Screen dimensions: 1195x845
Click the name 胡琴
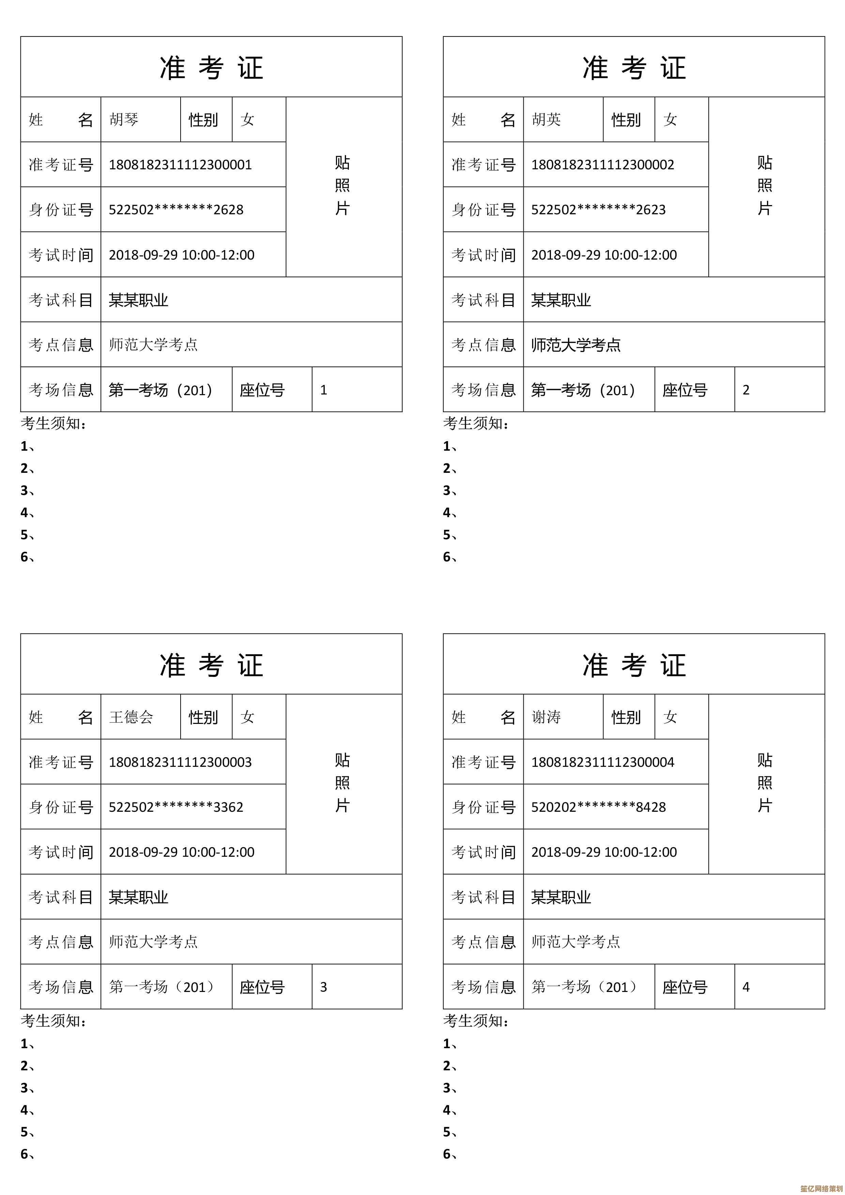[x=124, y=120]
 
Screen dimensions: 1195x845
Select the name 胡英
[x=546, y=120]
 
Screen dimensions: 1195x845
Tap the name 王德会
[x=131, y=717]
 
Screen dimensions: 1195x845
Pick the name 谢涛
[x=546, y=717]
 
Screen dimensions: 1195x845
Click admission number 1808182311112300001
[x=180, y=165]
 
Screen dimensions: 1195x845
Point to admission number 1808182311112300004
[x=602, y=762]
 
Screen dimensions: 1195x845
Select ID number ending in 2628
[x=176, y=210]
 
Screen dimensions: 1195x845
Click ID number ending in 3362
[x=176, y=807]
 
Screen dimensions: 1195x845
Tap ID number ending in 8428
[x=598, y=807]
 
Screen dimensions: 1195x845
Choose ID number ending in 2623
[x=598, y=210]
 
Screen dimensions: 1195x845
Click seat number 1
[x=323, y=390]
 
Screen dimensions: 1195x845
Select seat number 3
[x=323, y=987]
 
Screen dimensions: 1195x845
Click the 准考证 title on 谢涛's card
[x=634, y=665]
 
